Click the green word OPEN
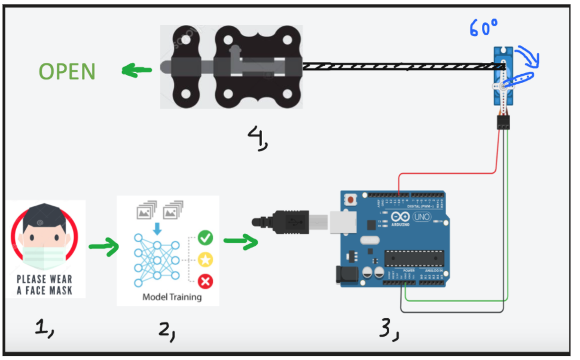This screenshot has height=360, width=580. pos(67,71)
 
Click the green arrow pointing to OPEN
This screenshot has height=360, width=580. pos(136,71)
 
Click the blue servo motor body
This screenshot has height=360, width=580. pos(500,75)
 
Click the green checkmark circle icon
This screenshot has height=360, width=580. pos(205,238)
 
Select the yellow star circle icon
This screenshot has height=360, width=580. pos(205,260)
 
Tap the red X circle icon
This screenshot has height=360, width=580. pos(205,280)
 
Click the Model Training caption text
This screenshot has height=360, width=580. pos(172,297)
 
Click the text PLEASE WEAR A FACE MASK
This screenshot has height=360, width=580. pos(44,285)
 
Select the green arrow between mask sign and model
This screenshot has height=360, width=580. pos(104,246)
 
